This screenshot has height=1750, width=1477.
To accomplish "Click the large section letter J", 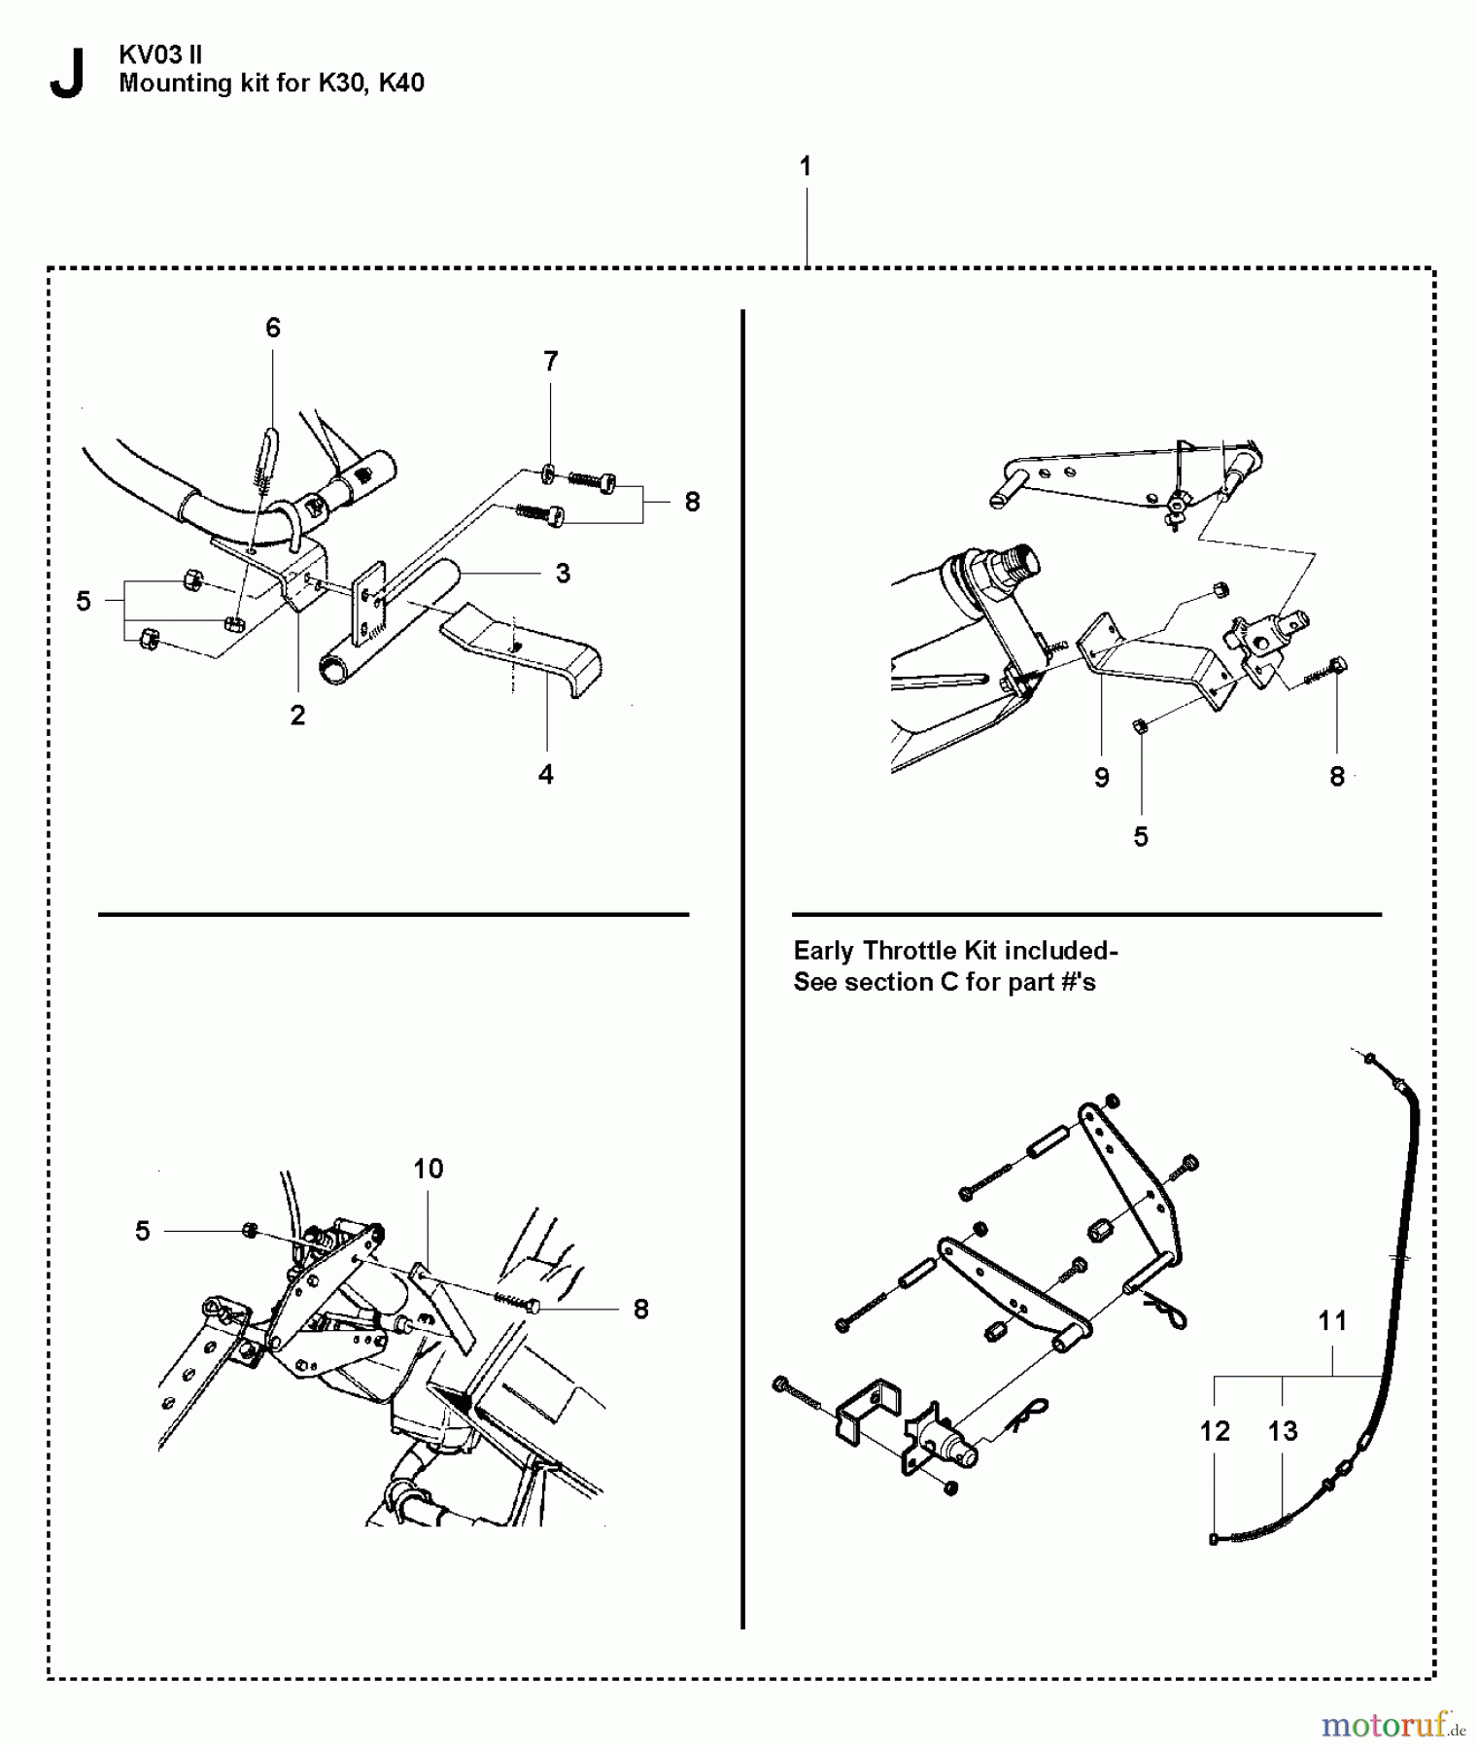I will tap(65, 74).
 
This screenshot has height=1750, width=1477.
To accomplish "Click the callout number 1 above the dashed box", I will tap(805, 166).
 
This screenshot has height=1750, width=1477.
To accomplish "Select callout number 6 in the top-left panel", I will tap(273, 328).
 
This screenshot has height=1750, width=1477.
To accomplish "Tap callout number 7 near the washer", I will tap(551, 362).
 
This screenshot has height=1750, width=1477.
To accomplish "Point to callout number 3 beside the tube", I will tap(563, 573).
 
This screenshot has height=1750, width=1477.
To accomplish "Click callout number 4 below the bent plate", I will tap(546, 774).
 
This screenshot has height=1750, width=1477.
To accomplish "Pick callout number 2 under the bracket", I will tap(297, 715).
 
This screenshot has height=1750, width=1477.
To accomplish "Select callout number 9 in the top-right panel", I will tap(1101, 777).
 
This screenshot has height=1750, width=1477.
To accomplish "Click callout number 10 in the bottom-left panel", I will tap(429, 1168).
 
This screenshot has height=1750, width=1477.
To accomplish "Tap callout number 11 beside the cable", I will tap(1332, 1320).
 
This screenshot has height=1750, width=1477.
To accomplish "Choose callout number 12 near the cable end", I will tap(1215, 1430).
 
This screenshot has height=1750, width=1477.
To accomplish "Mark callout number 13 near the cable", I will tap(1283, 1430).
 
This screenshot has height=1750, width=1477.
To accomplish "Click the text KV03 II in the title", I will tap(160, 54).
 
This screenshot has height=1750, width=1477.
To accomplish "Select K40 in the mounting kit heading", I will tap(401, 83).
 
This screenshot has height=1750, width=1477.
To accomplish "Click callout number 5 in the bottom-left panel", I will tap(143, 1231).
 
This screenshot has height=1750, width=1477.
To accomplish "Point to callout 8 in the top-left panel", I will tap(692, 502).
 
